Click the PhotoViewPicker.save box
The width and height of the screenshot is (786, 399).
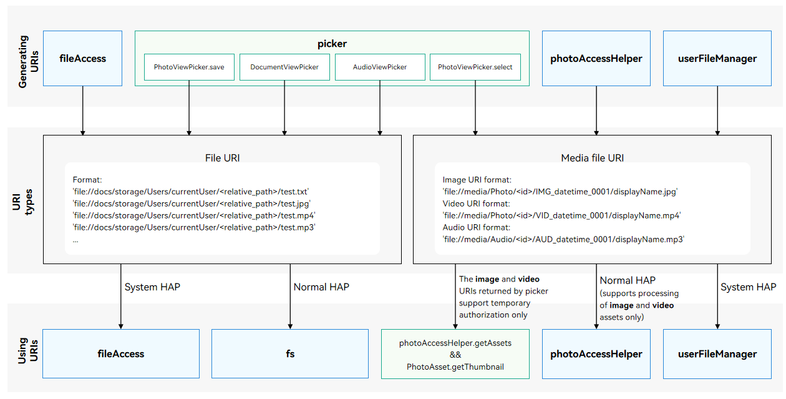click(189, 67)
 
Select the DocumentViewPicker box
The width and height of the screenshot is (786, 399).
click(284, 67)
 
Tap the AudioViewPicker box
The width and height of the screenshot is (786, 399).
click(380, 67)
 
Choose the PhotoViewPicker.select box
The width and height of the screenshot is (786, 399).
click(475, 67)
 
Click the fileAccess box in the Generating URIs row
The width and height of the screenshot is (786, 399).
click(83, 58)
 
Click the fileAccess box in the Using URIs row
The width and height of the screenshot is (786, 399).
click(121, 353)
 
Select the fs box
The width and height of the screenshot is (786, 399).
click(290, 353)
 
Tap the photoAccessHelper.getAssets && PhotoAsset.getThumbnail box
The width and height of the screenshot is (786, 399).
click(455, 354)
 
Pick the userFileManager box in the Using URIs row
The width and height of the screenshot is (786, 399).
click(717, 354)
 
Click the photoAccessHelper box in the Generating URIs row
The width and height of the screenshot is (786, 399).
click(596, 58)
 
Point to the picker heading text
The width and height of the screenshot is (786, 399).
click(332, 44)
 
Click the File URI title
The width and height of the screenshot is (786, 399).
click(223, 158)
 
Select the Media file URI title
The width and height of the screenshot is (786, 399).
click(593, 158)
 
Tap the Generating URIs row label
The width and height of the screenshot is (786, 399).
click(29, 61)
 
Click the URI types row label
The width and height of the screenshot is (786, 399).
click(23, 202)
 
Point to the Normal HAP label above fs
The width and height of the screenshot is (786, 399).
click(321, 287)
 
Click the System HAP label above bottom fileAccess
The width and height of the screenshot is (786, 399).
click(152, 287)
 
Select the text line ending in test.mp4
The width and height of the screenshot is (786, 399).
click(194, 215)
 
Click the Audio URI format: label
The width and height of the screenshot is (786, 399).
click(477, 227)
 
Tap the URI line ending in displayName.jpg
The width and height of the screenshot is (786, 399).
click(560, 192)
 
